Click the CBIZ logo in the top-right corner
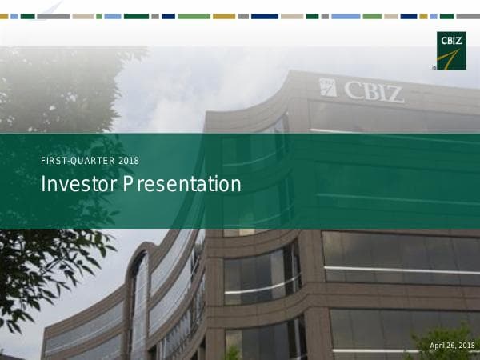point(451,50)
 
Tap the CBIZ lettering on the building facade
point(374,90)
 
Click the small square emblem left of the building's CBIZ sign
point(328,87)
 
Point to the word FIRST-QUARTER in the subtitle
point(77,161)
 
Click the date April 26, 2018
point(452,345)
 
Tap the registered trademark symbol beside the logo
point(434,69)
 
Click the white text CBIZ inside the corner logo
point(451,38)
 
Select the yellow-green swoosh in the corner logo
point(453,58)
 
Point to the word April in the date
point(438,345)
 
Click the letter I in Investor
point(43,185)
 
